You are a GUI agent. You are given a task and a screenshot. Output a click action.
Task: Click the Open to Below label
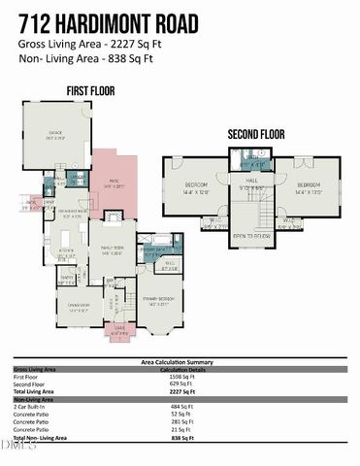click(251, 236)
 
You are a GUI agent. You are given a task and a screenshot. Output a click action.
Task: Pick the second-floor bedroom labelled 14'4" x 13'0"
click(309, 187)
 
